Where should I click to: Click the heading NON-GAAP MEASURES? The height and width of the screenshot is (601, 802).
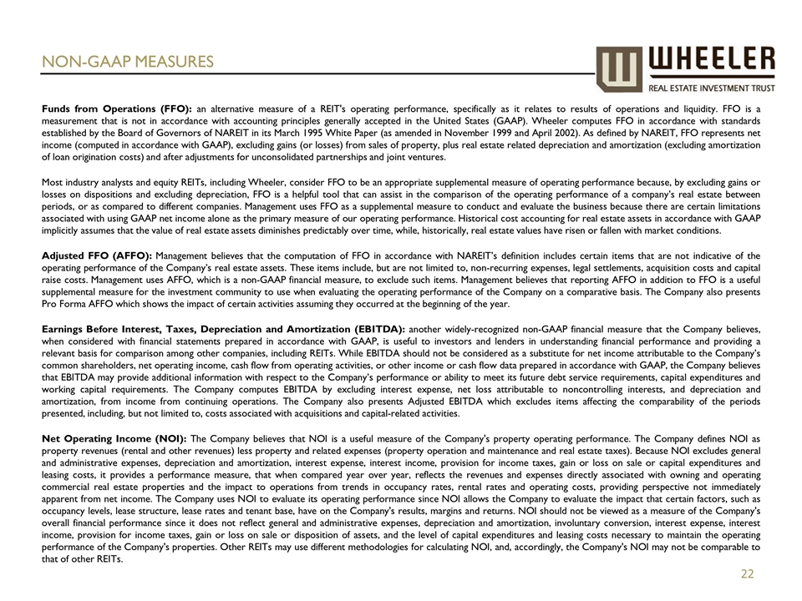129,62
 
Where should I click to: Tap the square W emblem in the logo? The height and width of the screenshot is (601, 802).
620,68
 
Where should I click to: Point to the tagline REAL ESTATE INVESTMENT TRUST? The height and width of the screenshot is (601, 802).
712,87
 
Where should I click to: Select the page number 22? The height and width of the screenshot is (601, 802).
748,573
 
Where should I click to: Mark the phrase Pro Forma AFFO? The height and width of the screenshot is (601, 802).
78,304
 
